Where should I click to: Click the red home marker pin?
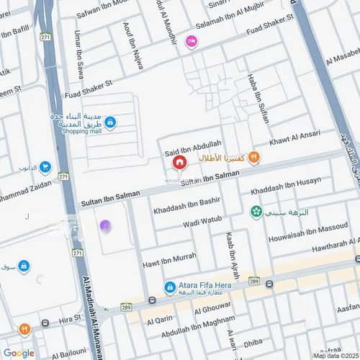(x=179, y=163)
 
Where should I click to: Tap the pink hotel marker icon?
(x=191, y=42)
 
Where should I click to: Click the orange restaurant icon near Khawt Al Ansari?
(x=253, y=158)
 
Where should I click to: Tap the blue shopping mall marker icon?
(x=109, y=122)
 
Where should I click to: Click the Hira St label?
(x=71, y=322)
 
